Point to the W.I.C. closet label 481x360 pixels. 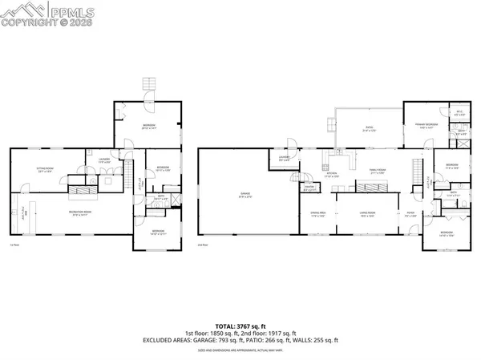point(460,113)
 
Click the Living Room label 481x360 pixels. point(369,214)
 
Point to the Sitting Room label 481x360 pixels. point(44,169)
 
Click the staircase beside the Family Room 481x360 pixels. point(415,171)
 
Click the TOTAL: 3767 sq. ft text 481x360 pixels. point(240,326)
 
